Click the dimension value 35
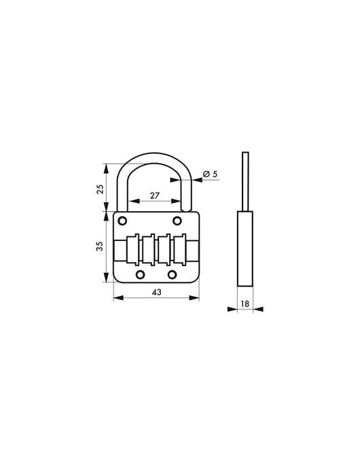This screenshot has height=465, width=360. click(99, 247)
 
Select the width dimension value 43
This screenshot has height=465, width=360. click(157, 292)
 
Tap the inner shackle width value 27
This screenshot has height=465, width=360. click(154, 196)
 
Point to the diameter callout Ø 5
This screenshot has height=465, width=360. click(211, 174)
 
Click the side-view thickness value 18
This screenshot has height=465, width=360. click(244, 304)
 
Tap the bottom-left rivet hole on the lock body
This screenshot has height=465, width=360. click(141, 274)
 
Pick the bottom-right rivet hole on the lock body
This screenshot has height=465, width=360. click(173, 274)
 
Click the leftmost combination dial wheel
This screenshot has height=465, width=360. click(132, 249)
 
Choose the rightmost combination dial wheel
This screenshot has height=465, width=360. click(181, 249)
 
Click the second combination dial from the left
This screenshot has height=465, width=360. click(148, 249)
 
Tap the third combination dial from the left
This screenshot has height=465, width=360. click(164, 249)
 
